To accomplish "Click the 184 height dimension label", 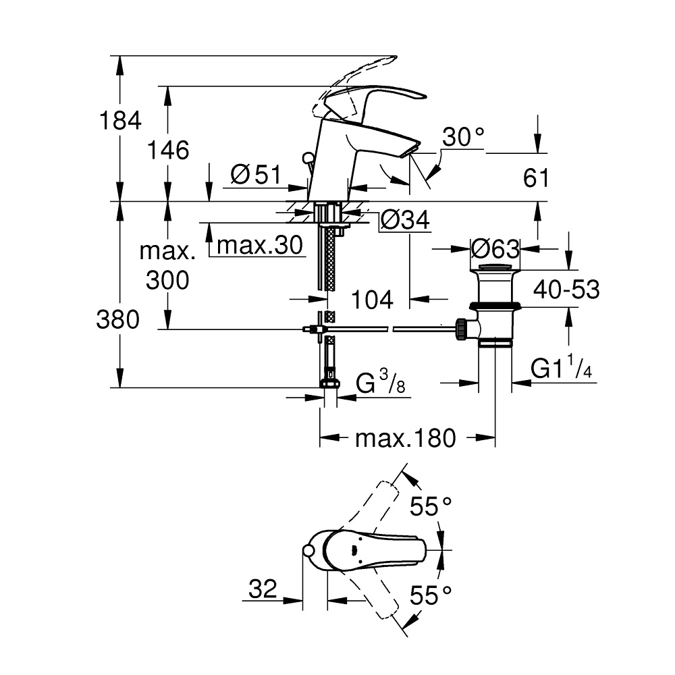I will pos(120,122).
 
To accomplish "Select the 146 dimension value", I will pos(168,150).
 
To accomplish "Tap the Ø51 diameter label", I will pos(254,175).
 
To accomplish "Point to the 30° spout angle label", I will pos(464,138).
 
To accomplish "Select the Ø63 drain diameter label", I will pos(495,249).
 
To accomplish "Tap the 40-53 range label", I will pos(566,290).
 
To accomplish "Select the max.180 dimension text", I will pos(406,439).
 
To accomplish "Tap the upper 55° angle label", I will pos(432,506).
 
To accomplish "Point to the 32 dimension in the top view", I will pos(263,589).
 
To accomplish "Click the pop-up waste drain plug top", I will pos(495,271).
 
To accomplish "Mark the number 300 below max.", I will pos(168,279).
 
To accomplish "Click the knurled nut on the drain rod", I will pos(462,329).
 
